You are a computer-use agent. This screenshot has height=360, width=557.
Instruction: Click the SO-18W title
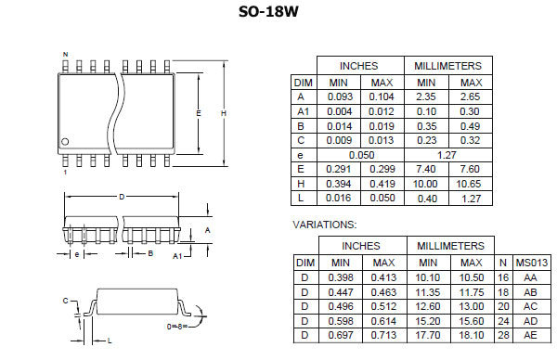[268, 12]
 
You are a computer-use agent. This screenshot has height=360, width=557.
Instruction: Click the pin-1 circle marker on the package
[65, 142]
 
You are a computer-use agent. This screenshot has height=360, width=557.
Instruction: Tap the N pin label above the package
[65, 55]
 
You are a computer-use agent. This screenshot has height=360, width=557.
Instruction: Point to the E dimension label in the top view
[199, 113]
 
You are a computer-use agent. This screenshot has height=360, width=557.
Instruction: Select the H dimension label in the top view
[224, 113]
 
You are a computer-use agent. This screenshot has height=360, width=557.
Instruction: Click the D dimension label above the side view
[122, 197]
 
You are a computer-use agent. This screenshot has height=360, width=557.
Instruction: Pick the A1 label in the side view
[177, 256]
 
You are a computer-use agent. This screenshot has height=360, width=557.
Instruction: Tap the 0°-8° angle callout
[177, 326]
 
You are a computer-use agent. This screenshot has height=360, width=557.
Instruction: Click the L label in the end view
[110, 341]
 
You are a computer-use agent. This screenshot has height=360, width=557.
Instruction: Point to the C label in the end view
[65, 301]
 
